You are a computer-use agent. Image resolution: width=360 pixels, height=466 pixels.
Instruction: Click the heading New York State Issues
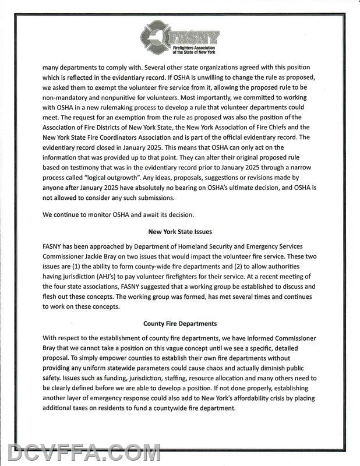tap(180, 231)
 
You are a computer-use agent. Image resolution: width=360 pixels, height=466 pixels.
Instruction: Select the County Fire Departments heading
tap(180, 323)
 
